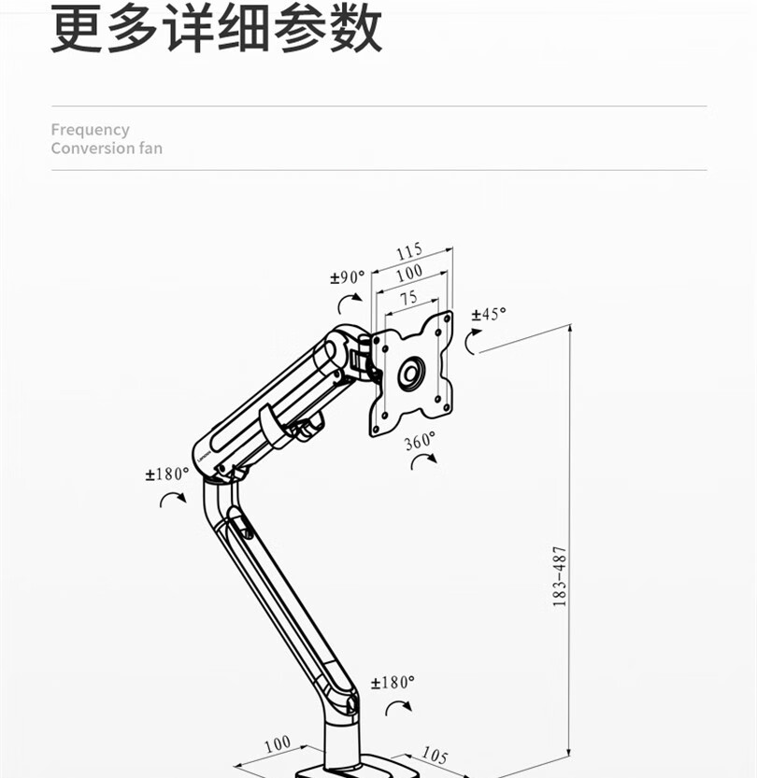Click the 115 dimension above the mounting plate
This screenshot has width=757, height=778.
tap(409, 251)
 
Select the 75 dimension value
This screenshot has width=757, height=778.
tap(407, 298)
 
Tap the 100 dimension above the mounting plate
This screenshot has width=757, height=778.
tap(408, 274)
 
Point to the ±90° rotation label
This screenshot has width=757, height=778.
tap(347, 277)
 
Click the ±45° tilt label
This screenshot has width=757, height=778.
tap(489, 314)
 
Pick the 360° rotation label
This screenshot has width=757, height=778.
tap(420, 441)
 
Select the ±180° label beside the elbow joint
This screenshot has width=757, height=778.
tap(166, 474)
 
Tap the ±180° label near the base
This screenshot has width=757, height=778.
tap(392, 683)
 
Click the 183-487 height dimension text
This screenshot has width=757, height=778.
tap(560, 576)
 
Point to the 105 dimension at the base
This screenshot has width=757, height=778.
tap(434, 754)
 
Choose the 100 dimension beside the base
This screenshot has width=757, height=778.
tap(277, 745)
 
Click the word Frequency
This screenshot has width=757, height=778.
tap(90, 130)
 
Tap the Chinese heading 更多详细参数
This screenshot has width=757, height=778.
tap(216, 29)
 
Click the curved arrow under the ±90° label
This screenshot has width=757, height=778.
tap(350, 301)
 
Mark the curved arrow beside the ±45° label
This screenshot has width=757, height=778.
tap(473, 342)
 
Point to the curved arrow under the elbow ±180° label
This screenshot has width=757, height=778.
tap(172, 499)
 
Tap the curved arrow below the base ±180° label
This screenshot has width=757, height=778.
tap(398, 706)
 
